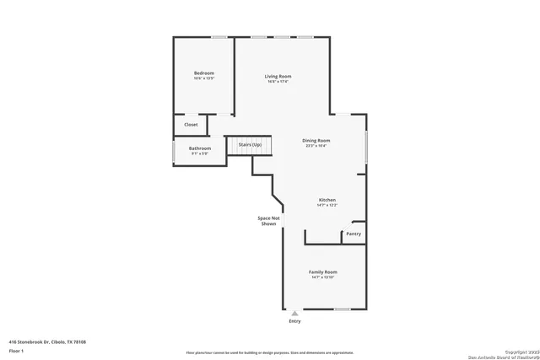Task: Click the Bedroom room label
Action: point(203,73)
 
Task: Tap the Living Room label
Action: point(278,76)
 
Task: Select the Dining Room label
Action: point(316,140)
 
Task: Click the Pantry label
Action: point(354,234)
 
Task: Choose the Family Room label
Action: point(322,271)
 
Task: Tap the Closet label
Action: point(191,124)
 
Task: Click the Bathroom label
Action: point(200,148)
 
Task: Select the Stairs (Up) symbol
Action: point(250,145)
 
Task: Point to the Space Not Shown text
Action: point(267,221)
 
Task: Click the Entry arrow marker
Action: point(294,313)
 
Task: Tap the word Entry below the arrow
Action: point(294,321)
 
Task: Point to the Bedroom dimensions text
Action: point(203,79)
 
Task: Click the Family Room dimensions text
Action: point(322,277)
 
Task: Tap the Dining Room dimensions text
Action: point(316,146)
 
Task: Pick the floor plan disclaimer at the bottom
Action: point(270,352)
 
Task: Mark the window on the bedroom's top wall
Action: point(219,37)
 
